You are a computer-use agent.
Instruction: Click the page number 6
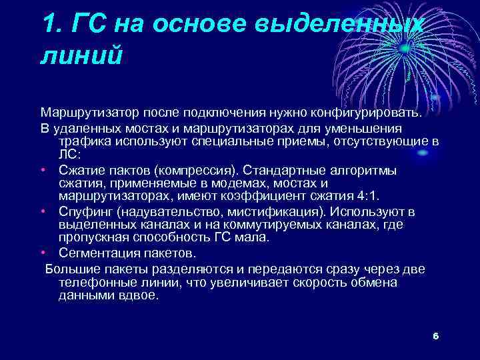point(435,335)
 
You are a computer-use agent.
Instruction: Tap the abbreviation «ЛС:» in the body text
point(69,154)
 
